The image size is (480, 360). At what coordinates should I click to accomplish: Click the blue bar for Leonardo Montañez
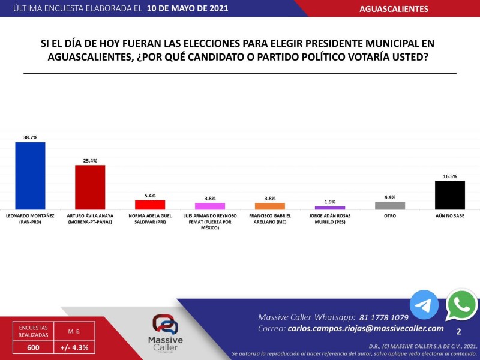click(30, 175)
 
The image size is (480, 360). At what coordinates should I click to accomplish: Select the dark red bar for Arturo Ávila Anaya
click(90, 187)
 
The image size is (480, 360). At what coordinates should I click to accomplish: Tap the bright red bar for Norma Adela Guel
click(150, 204)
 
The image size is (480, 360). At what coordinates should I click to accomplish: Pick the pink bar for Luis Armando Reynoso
click(210, 206)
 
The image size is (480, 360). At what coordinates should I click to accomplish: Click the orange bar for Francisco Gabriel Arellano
click(270, 206)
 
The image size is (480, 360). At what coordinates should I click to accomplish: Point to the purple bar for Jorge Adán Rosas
click(330, 208)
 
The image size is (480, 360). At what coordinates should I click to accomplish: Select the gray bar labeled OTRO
click(390, 205)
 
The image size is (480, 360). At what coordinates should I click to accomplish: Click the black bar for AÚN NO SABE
click(450, 194)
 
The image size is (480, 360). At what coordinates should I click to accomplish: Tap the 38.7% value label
click(30, 137)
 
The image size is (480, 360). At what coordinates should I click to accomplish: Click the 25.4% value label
click(90, 160)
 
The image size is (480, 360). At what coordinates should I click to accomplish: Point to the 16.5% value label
click(450, 176)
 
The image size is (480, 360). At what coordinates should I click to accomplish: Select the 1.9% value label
click(330, 202)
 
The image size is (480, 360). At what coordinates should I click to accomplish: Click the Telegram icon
click(424, 304)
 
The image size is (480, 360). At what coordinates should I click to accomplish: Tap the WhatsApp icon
click(461, 305)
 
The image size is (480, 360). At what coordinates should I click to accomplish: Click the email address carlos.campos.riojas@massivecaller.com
click(365, 328)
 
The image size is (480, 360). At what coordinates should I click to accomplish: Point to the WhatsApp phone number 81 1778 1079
click(385, 317)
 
